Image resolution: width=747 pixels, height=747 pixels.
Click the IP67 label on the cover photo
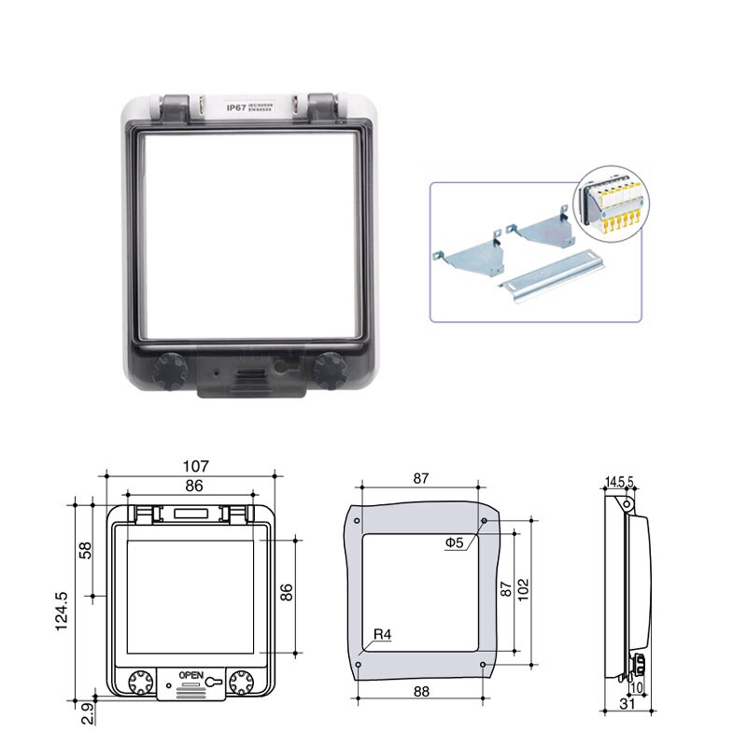pos(234,107)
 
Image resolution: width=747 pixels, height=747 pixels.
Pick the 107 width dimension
pos(195,466)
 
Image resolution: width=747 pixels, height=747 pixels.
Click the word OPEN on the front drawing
pos(190,675)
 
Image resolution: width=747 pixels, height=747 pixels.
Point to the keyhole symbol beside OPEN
pos(215,682)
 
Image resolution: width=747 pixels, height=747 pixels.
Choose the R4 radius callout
pos(382,636)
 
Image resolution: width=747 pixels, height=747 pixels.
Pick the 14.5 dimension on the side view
pos(613,482)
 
